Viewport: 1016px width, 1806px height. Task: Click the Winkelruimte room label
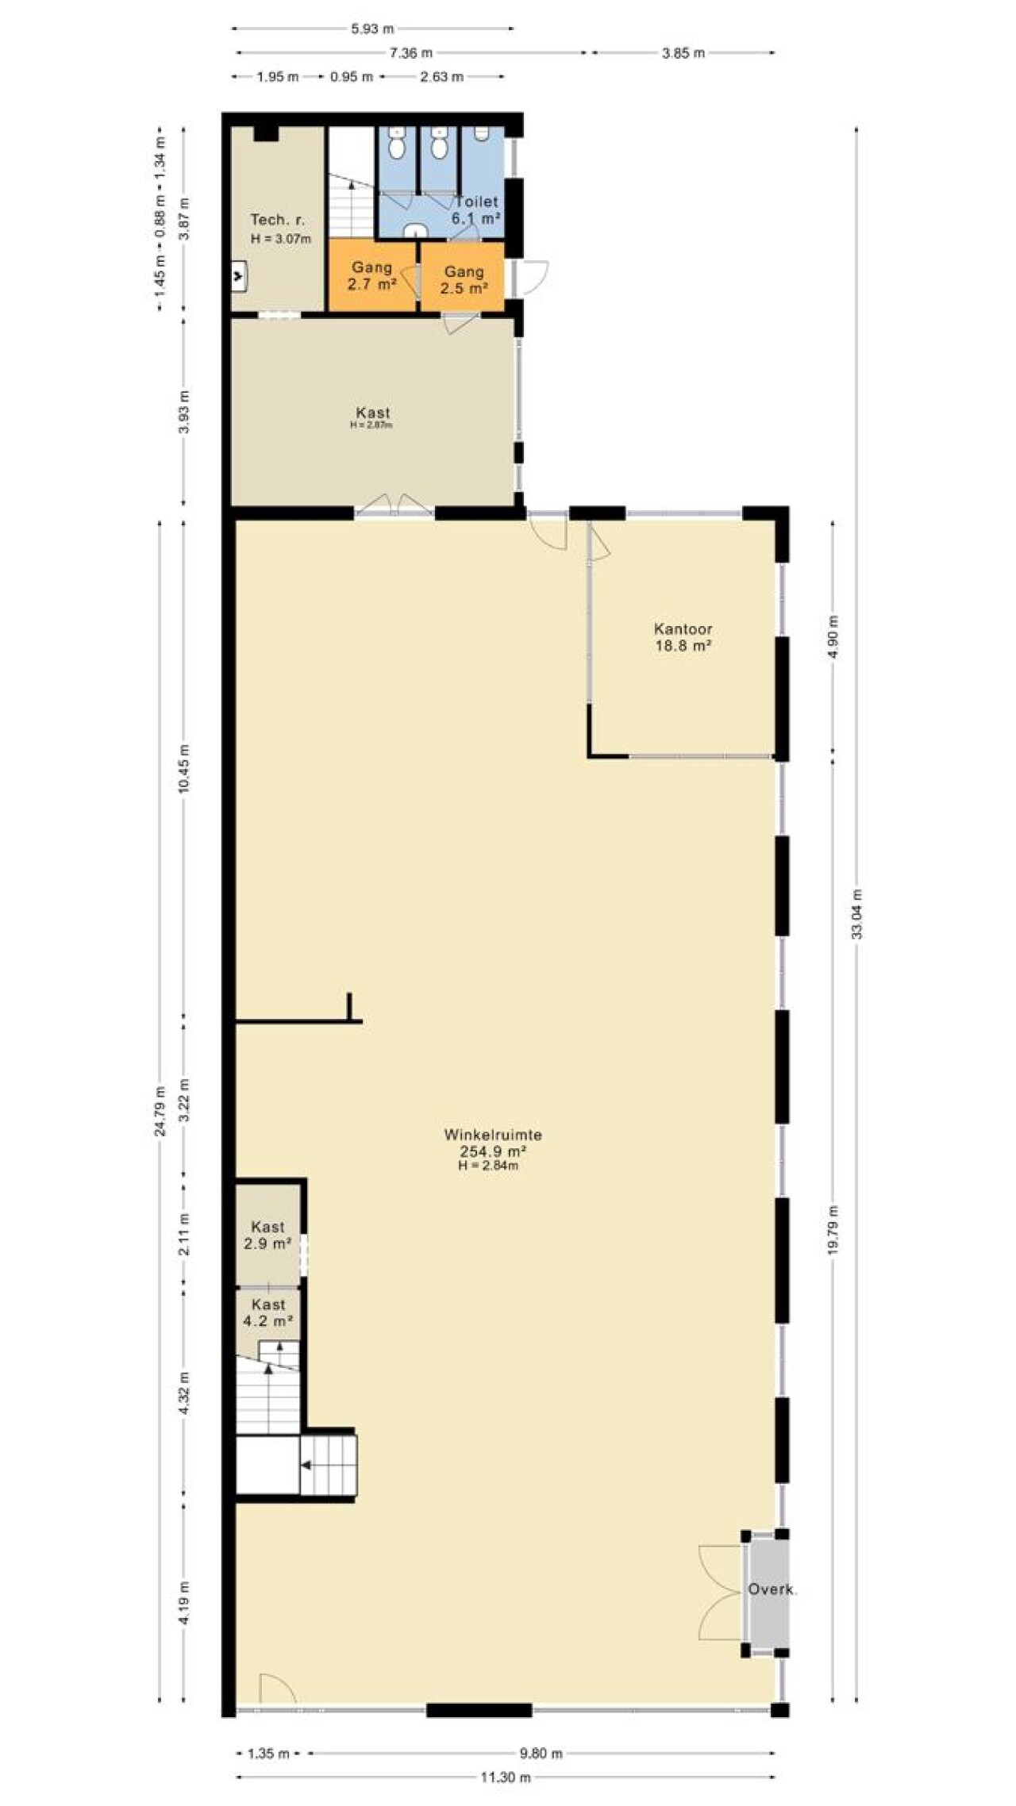tap(493, 1135)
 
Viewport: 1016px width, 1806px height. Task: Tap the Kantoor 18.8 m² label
tap(683, 637)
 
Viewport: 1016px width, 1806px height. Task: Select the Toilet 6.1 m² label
tap(476, 210)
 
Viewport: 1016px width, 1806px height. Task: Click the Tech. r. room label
tap(278, 220)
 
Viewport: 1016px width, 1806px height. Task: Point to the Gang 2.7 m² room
tap(372, 276)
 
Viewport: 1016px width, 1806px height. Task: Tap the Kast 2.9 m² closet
tap(267, 1235)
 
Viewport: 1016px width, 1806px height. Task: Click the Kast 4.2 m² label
tap(268, 1313)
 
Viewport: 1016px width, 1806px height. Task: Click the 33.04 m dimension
tap(856, 915)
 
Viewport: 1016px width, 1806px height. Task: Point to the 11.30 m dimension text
tap(506, 1777)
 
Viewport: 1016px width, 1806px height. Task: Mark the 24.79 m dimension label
tap(160, 1111)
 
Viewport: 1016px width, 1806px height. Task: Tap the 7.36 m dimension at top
tap(411, 53)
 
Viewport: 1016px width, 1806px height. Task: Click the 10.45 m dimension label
tap(184, 768)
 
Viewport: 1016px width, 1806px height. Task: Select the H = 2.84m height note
tap(488, 1166)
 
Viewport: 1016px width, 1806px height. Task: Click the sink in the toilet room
tap(415, 231)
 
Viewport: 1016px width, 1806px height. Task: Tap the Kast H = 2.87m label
tap(372, 417)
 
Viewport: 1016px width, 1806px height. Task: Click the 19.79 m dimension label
tap(833, 1230)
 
